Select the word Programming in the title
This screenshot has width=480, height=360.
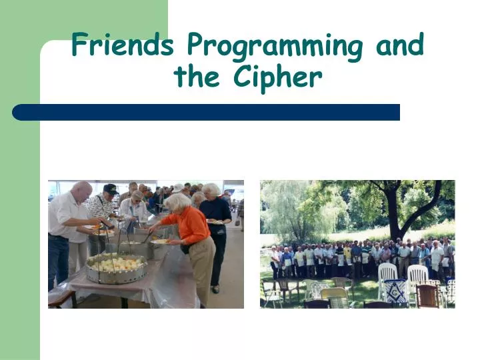click(276, 47)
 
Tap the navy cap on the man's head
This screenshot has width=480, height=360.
click(111, 189)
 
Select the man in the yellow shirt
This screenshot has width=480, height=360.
click(347, 256)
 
